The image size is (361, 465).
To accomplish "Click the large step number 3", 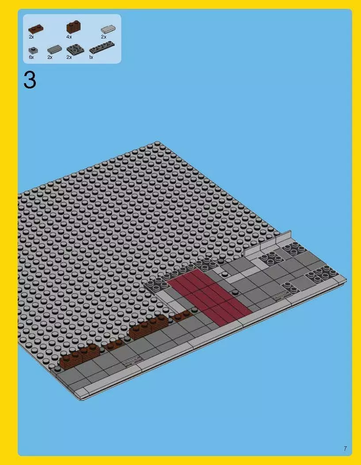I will pos(30,81).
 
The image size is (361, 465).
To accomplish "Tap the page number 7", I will pos(345,449).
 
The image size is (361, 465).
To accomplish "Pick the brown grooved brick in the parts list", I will pos(73,27).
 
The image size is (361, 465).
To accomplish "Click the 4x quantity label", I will pos(69,37).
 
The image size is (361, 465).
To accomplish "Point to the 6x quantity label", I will pos(31,57).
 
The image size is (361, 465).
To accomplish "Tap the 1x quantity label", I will pos(91,57).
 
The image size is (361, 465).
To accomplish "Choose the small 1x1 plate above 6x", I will pos(32,50).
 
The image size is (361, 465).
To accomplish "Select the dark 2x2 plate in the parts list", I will pos(75,50).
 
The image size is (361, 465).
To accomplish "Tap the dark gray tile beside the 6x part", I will pos(54,50).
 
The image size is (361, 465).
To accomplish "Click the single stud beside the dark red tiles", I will pos(234,292).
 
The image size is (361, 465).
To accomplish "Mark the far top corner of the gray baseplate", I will pos(157,142).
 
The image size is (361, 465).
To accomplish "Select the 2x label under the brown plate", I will pos(31,37).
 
